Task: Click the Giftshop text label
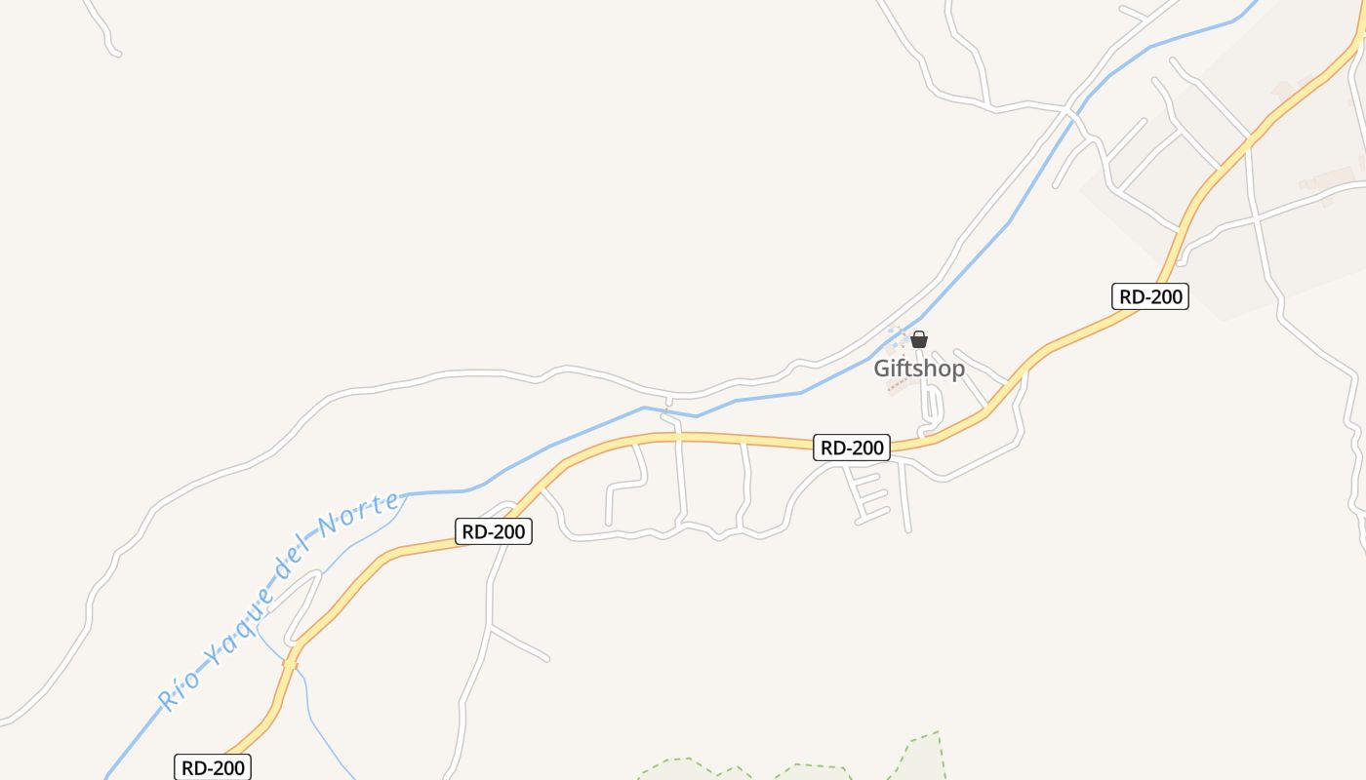(919, 369)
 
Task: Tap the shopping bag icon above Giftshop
(919, 340)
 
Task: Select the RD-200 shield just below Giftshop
(852, 448)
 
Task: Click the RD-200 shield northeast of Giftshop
(1150, 296)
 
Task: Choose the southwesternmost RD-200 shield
(213, 767)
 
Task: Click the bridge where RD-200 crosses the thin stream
(290, 663)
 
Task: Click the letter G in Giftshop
(882, 369)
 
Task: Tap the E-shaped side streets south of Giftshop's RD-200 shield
(868, 494)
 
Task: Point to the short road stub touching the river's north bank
(668, 402)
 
